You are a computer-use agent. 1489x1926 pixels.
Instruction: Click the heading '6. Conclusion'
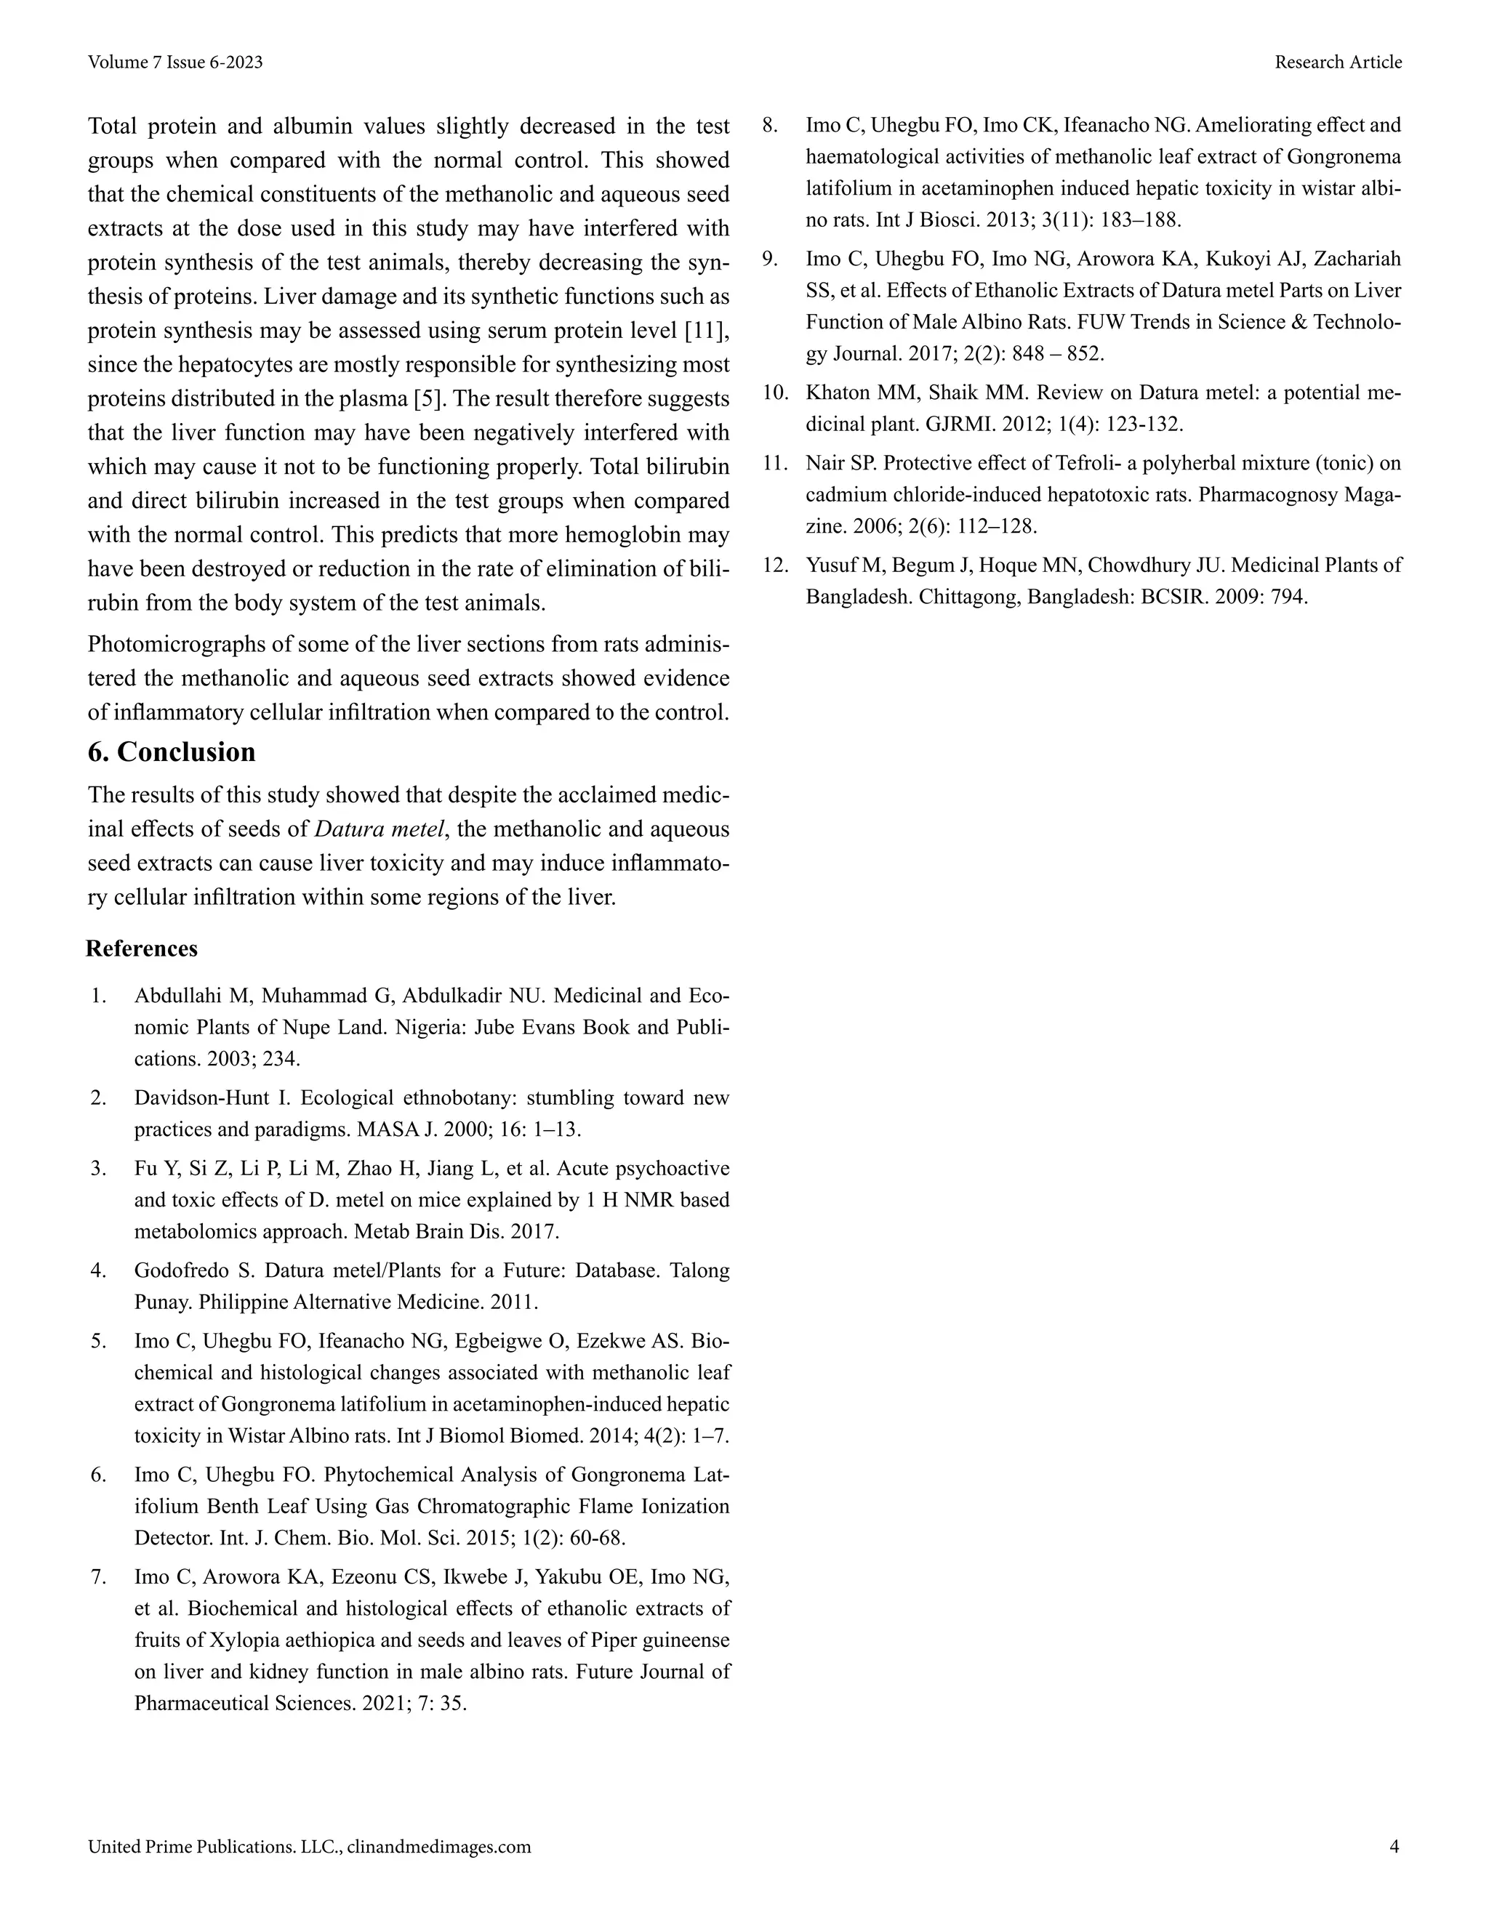[172, 752]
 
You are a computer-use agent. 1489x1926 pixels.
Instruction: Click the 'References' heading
[141, 949]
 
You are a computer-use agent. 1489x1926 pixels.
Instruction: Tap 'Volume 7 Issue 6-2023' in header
[174, 63]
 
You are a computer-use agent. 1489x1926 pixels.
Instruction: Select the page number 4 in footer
[1394, 1847]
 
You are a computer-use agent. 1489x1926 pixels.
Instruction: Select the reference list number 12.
[775, 565]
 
